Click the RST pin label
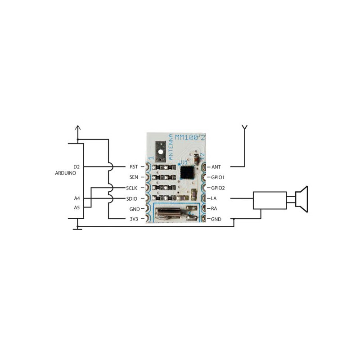click(134, 166)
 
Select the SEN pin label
click(134, 177)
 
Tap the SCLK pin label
click(131, 188)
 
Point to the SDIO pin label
click(132, 198)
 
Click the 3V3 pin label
click(134, 219)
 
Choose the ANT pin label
click(216, 167)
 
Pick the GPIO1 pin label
click(218, 177)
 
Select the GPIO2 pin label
click(218, 188)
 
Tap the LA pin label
click(213, 198)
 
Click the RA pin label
click(214, 208)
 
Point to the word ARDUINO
click(65, 173)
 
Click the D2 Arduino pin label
click(76, 166)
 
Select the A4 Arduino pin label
click(77, 198)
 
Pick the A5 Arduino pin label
click(76, 207)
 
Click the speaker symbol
click(301, 199)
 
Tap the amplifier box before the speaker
click(270, 200)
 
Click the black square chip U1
click(187, 172)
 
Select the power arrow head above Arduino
click(78, 128)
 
